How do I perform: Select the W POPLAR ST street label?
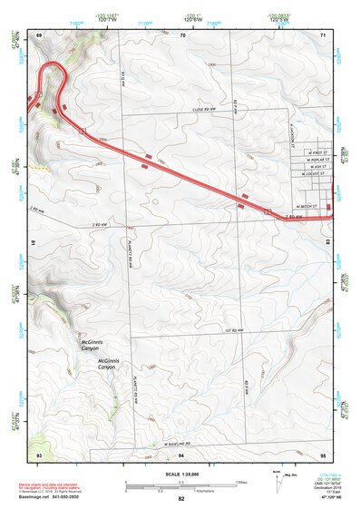316,159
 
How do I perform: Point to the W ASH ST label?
316,167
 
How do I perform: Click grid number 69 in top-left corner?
39,35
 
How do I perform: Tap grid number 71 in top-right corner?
323,35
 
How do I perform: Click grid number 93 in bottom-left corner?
39,452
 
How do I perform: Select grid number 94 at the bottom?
181,452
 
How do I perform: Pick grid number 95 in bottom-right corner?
323,452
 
